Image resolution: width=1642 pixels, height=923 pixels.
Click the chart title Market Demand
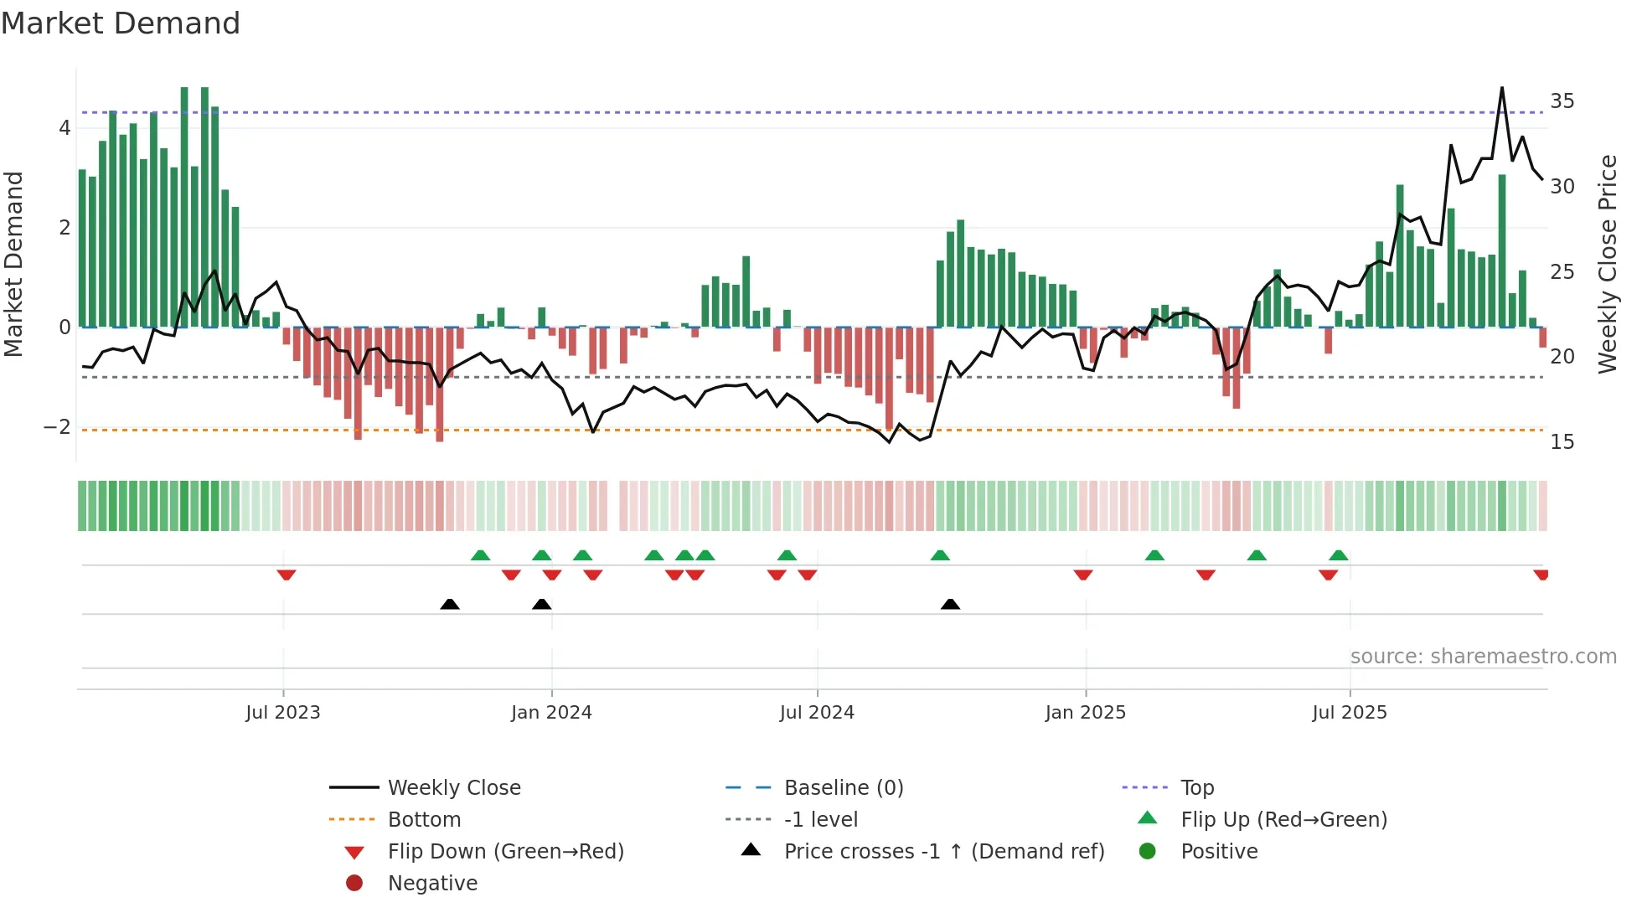pos(121,23)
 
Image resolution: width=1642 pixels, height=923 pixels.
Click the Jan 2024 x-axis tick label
pos(551,713)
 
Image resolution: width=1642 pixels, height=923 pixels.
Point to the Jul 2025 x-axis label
pos(1350,713)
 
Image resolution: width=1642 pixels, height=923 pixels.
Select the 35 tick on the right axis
pos(1562,101)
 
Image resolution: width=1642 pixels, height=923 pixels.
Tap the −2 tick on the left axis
pos(57,427)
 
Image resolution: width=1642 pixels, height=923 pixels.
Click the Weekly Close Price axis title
pos(1608,264)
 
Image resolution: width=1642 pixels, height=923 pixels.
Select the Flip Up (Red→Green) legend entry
pos(1283,820)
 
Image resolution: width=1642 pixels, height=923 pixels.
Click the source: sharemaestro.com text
pos(1483,657)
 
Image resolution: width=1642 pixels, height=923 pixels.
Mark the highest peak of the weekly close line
pos(1502,88)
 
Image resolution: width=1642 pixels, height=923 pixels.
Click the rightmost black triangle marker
pos(950,605)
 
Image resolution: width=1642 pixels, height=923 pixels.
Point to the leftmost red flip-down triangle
pos(287,575)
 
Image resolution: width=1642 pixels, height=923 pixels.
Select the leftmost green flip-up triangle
pos(480,555)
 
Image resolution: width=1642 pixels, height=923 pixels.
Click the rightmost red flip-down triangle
pos(1541,575)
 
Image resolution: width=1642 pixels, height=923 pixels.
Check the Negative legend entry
pos(432,884)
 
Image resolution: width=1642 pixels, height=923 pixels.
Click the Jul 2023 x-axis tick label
pos(283,713)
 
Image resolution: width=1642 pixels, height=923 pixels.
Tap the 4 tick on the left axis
pos(65,129)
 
